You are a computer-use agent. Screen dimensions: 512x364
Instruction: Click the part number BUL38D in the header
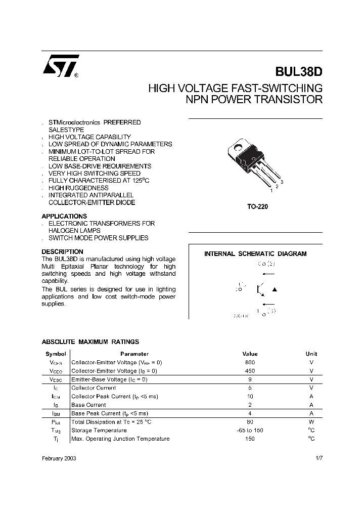coord(298,72)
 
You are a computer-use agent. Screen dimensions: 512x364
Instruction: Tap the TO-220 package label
coord(255,206)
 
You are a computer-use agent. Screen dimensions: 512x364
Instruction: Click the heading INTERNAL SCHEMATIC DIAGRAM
coord(255,254)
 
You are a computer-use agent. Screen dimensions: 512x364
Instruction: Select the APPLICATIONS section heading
coord(64,216)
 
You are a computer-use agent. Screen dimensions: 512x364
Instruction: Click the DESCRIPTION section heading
coord(62,251)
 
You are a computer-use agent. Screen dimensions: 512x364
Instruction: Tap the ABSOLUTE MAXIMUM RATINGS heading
coord(90,342)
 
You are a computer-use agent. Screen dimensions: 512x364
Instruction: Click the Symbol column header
coord(56,354)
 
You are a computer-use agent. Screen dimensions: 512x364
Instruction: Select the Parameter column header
coord(134,354)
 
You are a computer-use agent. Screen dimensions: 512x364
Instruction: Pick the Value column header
coord(250,354)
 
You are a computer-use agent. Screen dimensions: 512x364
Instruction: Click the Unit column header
coord(311,354)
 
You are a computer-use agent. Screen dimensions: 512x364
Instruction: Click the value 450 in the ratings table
coord(250,371)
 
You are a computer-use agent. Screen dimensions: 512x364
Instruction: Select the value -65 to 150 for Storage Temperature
coord(250,430)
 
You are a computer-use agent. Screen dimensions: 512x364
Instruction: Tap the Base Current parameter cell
coord(89,405)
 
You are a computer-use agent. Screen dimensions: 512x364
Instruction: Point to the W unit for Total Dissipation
coord(311,421)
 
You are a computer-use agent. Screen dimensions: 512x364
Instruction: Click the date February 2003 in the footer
coord(59,457)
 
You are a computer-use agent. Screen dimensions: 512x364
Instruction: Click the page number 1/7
coord(318,457)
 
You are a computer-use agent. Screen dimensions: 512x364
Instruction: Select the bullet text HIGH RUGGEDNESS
coord(78,188)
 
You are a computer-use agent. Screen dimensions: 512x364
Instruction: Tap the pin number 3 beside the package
coord(282,182)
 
